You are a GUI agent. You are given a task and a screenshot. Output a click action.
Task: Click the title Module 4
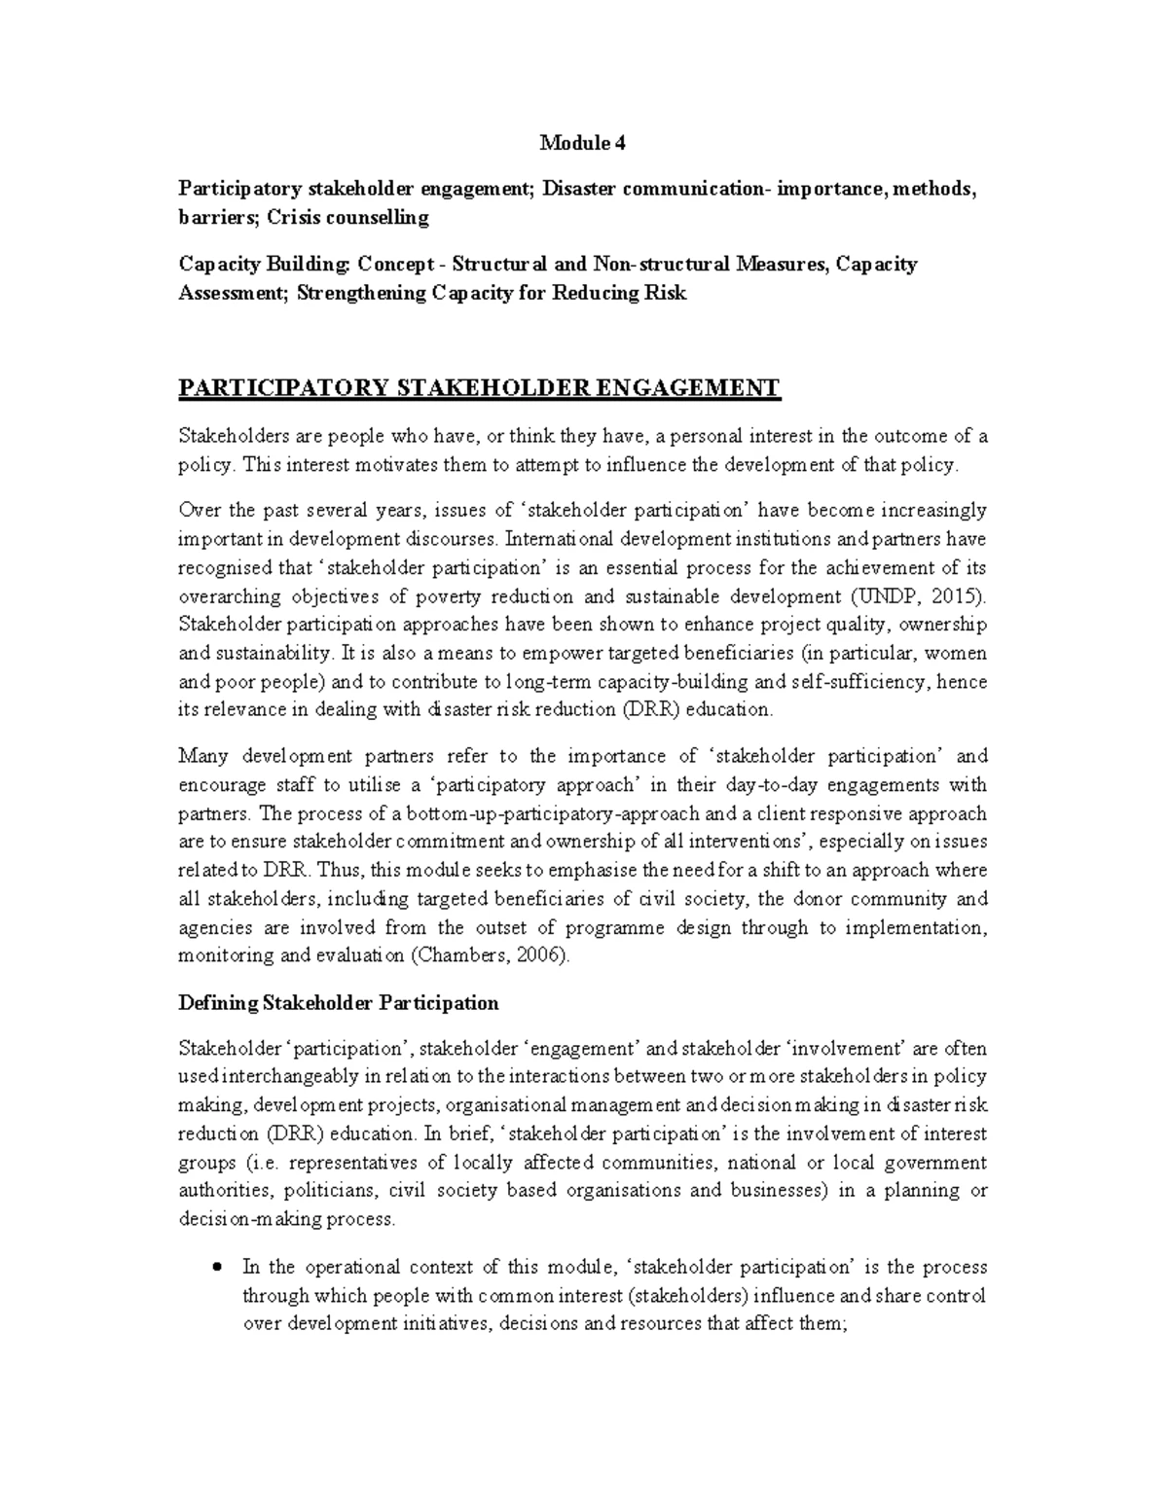tap(583, 143)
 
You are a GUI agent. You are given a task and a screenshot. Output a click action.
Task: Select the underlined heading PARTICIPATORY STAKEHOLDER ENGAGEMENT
tap(479, 389)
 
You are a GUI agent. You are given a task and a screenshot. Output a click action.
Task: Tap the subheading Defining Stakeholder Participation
tap(338, 1002)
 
